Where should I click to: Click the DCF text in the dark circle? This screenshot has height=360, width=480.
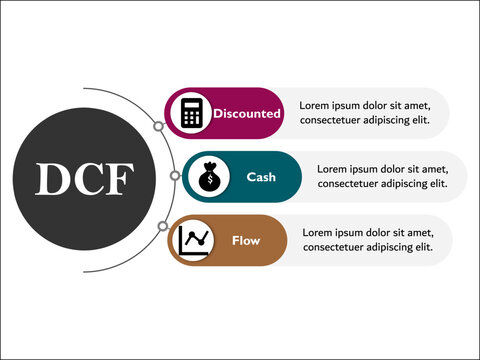[85, 178]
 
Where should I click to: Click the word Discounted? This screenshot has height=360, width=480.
[246, 114]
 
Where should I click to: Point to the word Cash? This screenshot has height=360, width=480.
[261, 177]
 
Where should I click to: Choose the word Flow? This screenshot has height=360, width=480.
[246, 240]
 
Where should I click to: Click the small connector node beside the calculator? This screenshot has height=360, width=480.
[158, 127]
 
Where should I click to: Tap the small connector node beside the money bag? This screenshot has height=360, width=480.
[176, 177]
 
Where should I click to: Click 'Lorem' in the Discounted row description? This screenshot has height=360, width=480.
[315, 104]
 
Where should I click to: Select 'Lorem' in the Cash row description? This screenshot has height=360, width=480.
[333, 168]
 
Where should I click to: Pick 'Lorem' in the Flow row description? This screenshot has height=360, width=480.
[318, 232]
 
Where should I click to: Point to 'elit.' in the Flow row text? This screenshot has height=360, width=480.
[421, 248]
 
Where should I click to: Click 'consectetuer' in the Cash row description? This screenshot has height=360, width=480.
[351, 184]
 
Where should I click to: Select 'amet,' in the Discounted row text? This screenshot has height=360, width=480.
[414, 104]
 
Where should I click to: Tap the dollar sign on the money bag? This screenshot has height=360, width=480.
[212, 181]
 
